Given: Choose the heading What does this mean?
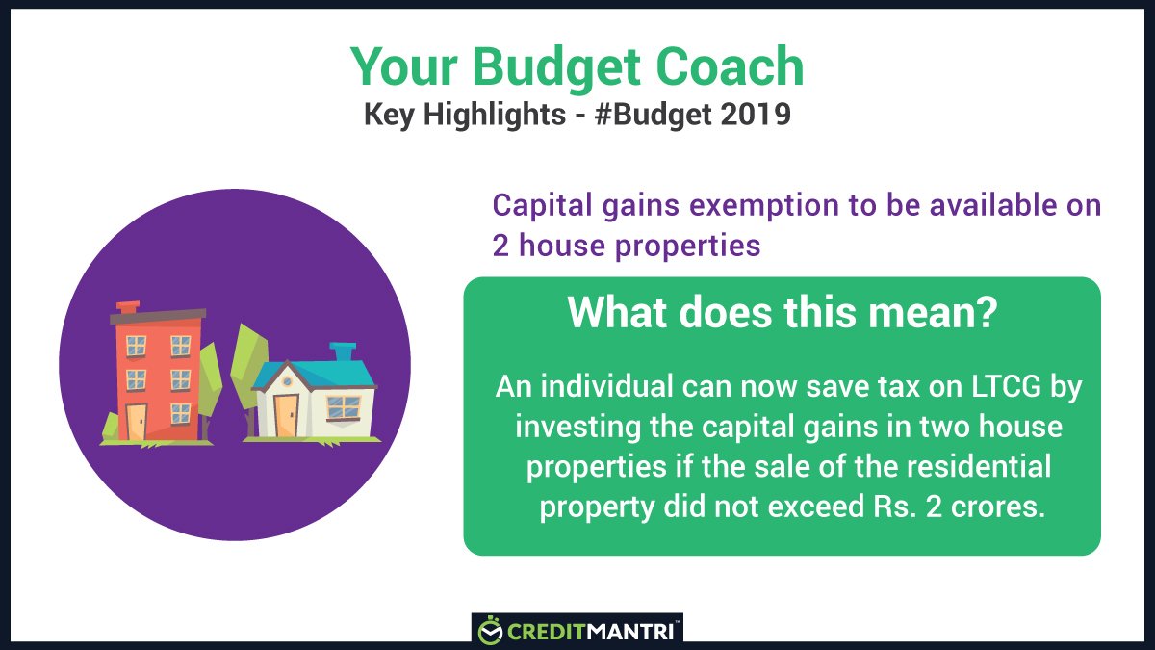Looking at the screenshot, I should (781, 313).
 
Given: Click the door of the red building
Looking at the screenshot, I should (137, 420).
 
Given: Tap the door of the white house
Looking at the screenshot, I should (286, 415).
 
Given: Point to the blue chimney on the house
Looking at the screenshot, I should (342, 351).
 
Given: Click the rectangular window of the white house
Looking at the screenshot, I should (344, 407).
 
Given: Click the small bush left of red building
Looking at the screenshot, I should (112, 427).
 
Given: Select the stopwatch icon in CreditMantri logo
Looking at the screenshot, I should (491, 632).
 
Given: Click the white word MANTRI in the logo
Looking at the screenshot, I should (637, 632).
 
